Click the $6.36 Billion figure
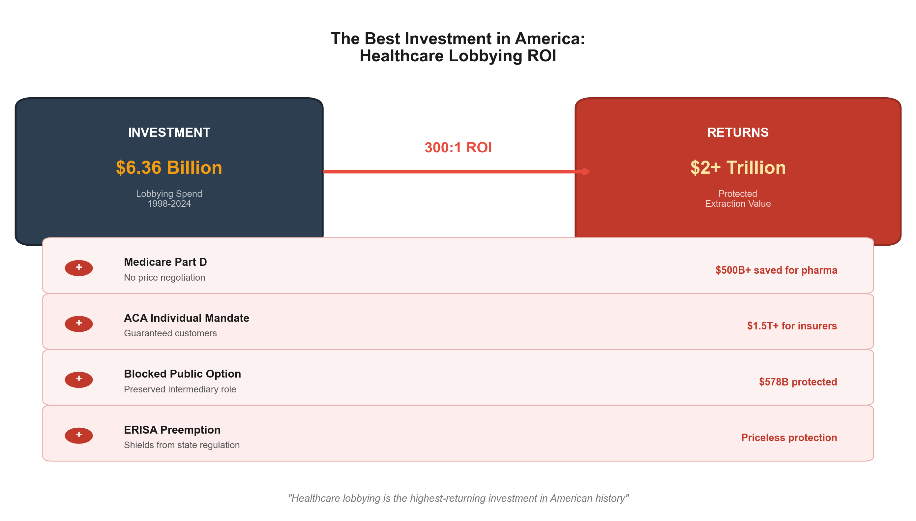coord(169,168)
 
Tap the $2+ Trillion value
coord(738,168)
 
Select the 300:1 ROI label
coord(458,147)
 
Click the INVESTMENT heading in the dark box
coord(169,133)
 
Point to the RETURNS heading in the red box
coord(738,133)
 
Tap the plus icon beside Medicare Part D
coord(79,268)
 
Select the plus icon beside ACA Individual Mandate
coord(79,323)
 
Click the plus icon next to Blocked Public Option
coord(79,379)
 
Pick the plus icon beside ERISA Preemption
coord(79,435)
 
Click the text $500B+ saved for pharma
coord(776,270)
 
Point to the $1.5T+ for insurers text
coord(791,326)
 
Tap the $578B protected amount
coord(798,382)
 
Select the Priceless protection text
coord(789,438)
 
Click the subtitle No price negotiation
coord(164,278)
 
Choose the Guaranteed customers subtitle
coord(170,333)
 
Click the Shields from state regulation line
coord(182,445)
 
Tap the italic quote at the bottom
coord(458,499)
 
